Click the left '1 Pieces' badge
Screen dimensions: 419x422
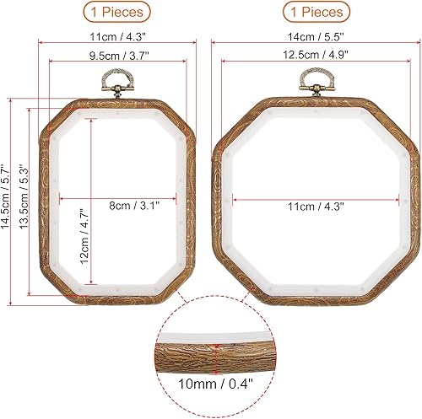pos(118,12)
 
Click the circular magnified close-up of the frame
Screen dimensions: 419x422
pos(215,354)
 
